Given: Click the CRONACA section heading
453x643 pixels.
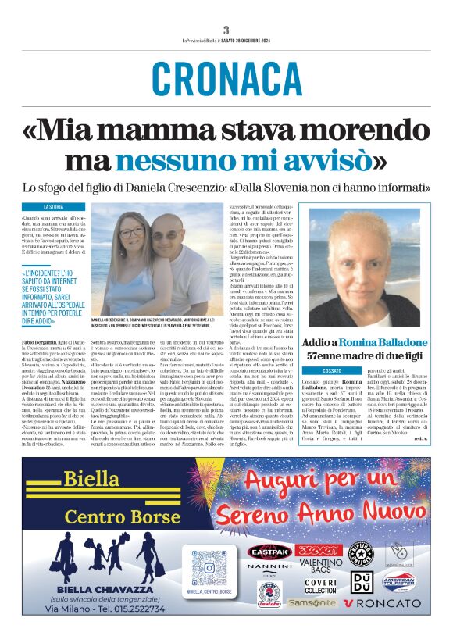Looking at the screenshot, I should click(x=226, y=78).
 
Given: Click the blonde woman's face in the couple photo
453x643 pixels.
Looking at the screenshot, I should click(x=131, y=234).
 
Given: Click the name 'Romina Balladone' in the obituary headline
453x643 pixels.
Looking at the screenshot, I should click(x=380, y=342).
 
